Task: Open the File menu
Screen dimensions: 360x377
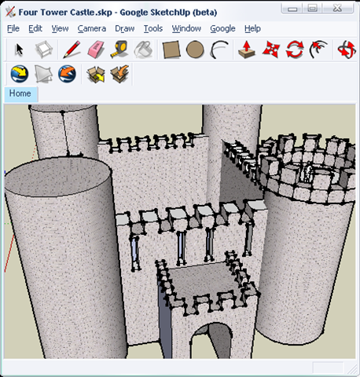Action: tap(13, 28)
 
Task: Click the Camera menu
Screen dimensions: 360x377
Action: tap(92, 28)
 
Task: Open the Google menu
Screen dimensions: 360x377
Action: tap(222, 29)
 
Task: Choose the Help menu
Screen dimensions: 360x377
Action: tap(252, 29)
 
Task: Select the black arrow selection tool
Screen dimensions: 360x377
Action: tap(19, 49)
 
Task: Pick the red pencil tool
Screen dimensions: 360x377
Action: tap(72, 49)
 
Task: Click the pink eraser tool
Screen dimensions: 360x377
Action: tap(96, 49)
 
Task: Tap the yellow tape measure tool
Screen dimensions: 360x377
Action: tap(119, 49)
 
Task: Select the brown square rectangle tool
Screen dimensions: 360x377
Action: tap(171, 49)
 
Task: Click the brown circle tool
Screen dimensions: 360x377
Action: tap(195, 49)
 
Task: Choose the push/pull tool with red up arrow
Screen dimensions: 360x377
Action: tap(247, 49)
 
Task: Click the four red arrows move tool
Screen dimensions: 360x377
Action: tap(271, 49)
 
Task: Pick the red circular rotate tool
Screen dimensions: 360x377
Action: tap(295, 49)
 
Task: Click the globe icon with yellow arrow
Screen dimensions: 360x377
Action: tap(20, 74)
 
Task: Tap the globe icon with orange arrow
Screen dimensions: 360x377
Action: tap(67, 74)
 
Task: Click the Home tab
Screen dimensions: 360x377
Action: tap(20, 93)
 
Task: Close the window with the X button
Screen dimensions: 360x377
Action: tap(338, 8)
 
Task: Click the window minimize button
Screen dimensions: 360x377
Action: tap(292, 9)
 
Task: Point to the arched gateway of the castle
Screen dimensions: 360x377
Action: tap(211, 341)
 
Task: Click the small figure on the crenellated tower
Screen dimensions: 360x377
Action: tap(308, 172)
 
